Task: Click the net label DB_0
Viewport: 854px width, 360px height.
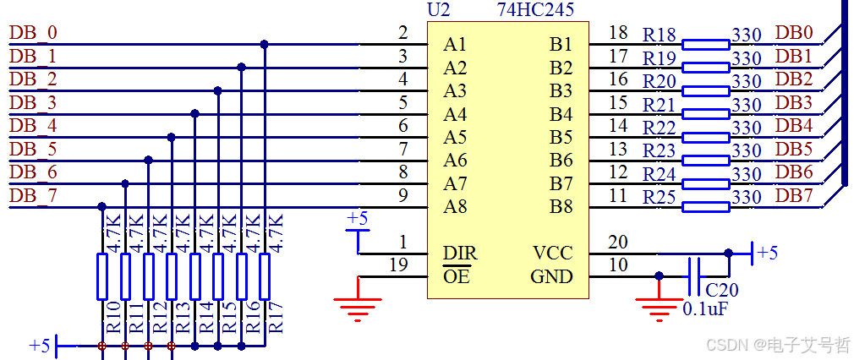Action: [33, 33]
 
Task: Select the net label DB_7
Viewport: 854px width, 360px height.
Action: [33, 196]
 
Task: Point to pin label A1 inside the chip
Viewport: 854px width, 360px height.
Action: [455, 44]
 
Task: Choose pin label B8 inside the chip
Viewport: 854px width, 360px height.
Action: [561, 206]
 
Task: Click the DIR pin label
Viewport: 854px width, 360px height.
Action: [459, 253]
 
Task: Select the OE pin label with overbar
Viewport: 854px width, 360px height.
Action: [456, 276]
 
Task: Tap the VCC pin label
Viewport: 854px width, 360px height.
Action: [552, 253]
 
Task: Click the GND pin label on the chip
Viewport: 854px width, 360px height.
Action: [551, 276]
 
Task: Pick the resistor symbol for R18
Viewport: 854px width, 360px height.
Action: [705, 44]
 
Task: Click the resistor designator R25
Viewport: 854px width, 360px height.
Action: [660, 197]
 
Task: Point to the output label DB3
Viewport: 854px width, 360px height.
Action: [794, 103]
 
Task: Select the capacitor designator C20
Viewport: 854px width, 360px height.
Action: [721, 290]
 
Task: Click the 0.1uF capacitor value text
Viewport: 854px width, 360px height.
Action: [705, 309]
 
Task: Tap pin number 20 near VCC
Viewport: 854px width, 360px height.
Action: [618, 243]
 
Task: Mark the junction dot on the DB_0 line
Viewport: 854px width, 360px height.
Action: [265, 44]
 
